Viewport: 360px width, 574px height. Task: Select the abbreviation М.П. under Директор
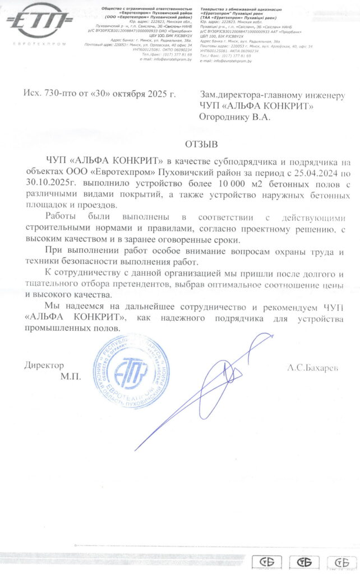coord(71,377)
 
